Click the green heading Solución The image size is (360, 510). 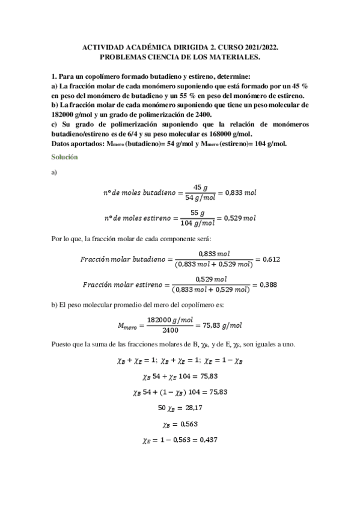click(64, 157)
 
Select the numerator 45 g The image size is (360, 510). click(200, 187)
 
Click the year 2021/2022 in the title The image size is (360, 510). click(260, 46)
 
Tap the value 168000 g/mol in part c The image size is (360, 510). click(227, 134)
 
